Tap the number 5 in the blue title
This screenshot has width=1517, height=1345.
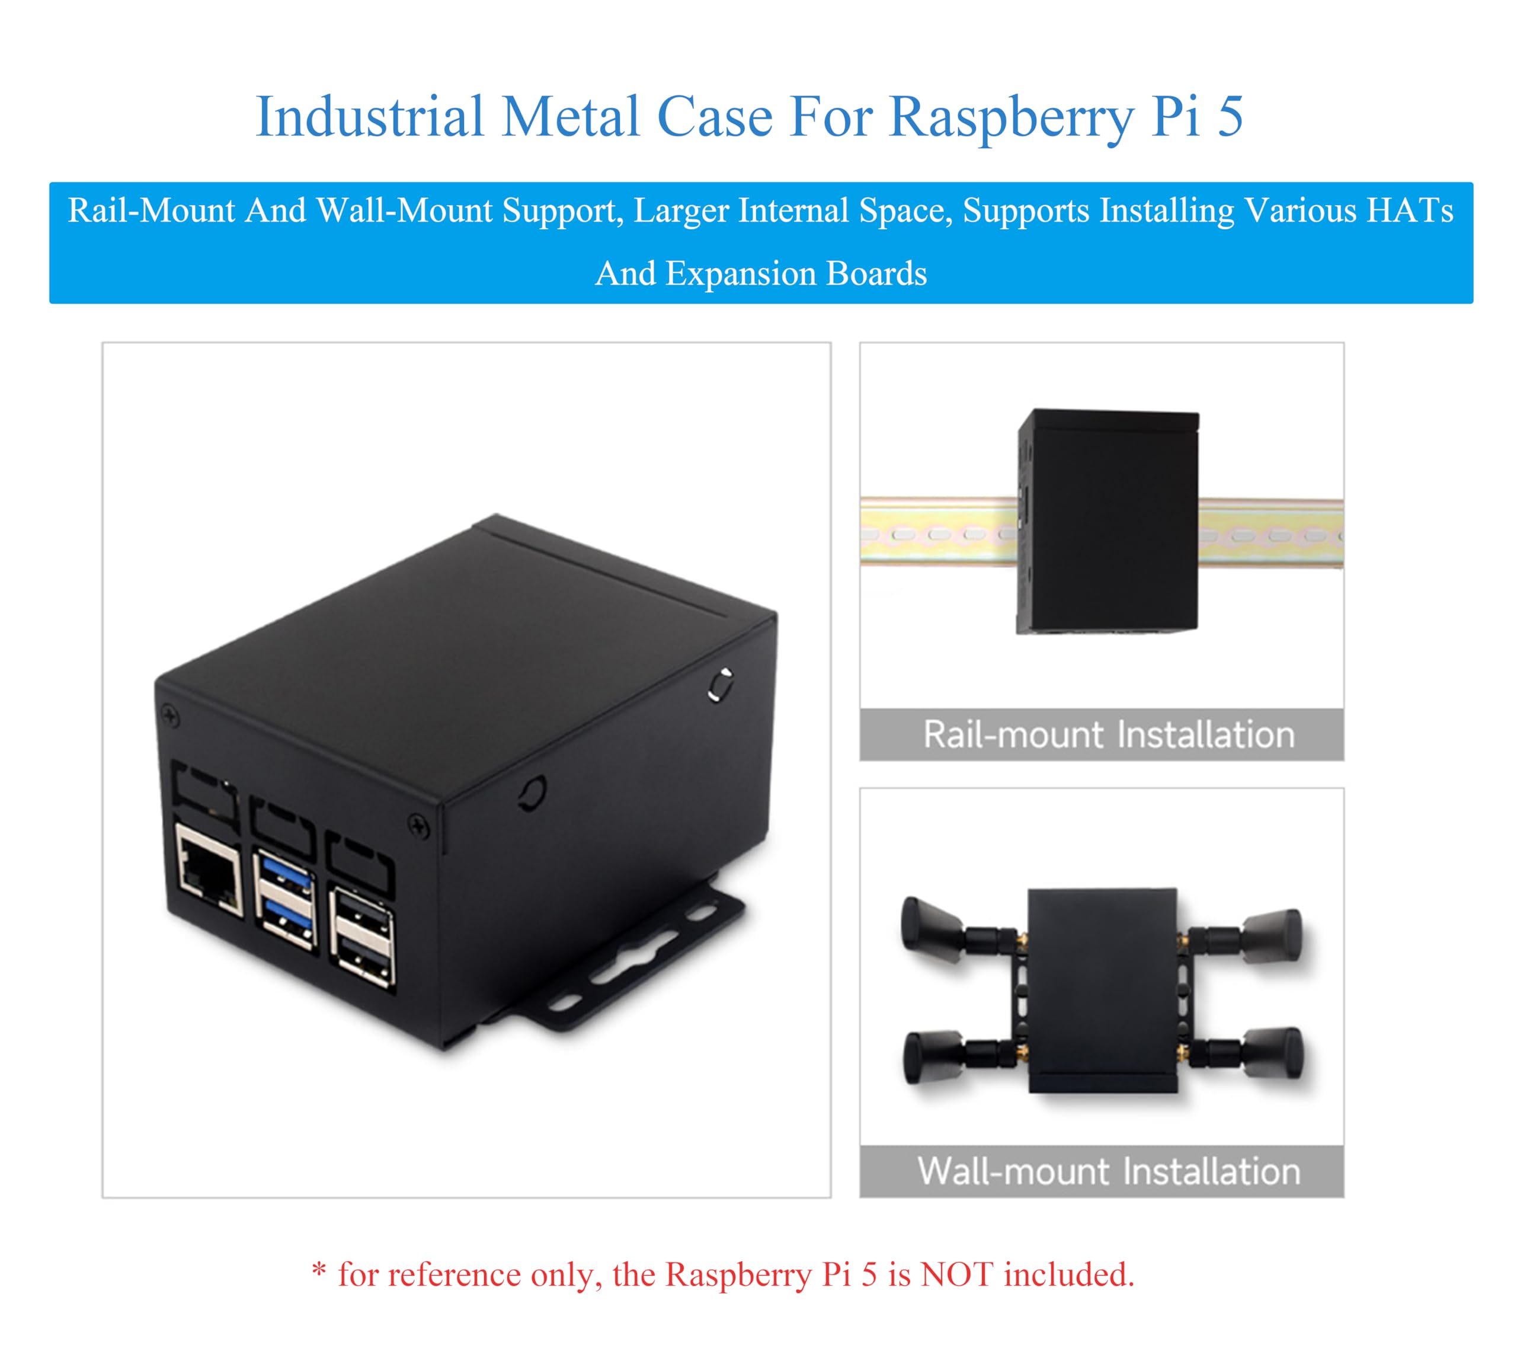pyautogui.click(x=1230, y=117)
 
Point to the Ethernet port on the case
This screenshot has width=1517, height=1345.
pyautogui.click(x=210, y=868)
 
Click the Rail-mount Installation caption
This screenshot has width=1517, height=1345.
pyautogui.click(x=1108, y=735)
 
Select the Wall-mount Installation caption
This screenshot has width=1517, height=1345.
pyautogui.click(x=1108, y=1171)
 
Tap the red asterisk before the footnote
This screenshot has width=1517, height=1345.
pyautogui.click(x=319, y=1270)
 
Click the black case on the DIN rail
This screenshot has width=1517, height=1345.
pyautogui.click(x=1108, y=520)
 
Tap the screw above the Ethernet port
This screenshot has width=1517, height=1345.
pyautogui.click(x=170, y=716)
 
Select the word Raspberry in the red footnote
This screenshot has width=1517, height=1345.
pyautogui.click(x=738, y=1274)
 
